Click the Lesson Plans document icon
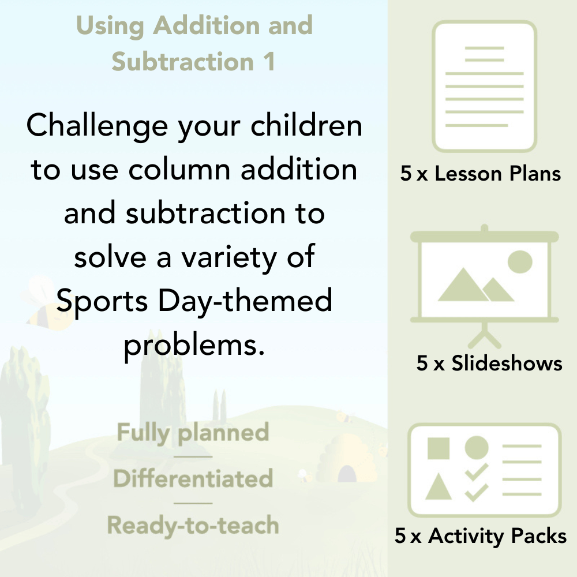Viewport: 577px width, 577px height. (x=485, y=87)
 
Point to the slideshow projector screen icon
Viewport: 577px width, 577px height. (x=485, y=277)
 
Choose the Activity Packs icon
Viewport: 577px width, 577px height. (x=485, y=470)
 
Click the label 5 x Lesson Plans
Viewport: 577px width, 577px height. (x=481, y=174)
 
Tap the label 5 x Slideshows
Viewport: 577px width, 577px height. (x=489, y=364)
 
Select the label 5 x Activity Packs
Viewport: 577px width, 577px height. (x=481, y=537)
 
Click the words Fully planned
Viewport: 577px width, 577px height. (x=193, y=433)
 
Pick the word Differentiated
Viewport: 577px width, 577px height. (x=193, y=479)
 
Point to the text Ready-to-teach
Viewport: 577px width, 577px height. (x=193, y=526)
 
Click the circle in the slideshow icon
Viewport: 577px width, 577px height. (x=519, y=261)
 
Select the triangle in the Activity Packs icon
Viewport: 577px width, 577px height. (x=439, y=487)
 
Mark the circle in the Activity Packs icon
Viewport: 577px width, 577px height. (x=477, y=448)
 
